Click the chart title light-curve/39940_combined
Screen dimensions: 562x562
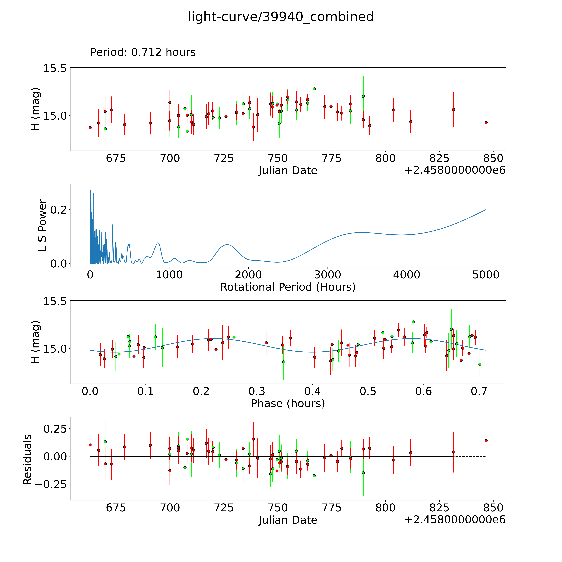(x=281, y=17)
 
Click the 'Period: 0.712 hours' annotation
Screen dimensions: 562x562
(x=143, y=52)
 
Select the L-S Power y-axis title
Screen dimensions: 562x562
(x=42, y=225)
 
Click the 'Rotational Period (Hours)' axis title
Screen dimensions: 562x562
(x=288, y=287)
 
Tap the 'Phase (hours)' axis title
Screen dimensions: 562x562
(x=288, y=403)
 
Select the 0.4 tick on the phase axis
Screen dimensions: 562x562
(x=312, y=391)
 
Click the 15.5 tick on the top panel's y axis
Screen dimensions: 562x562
(x=55, y=69)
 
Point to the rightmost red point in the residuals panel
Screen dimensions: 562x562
(x=486, y=441)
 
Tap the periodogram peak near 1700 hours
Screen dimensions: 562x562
(x=227, y=245)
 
